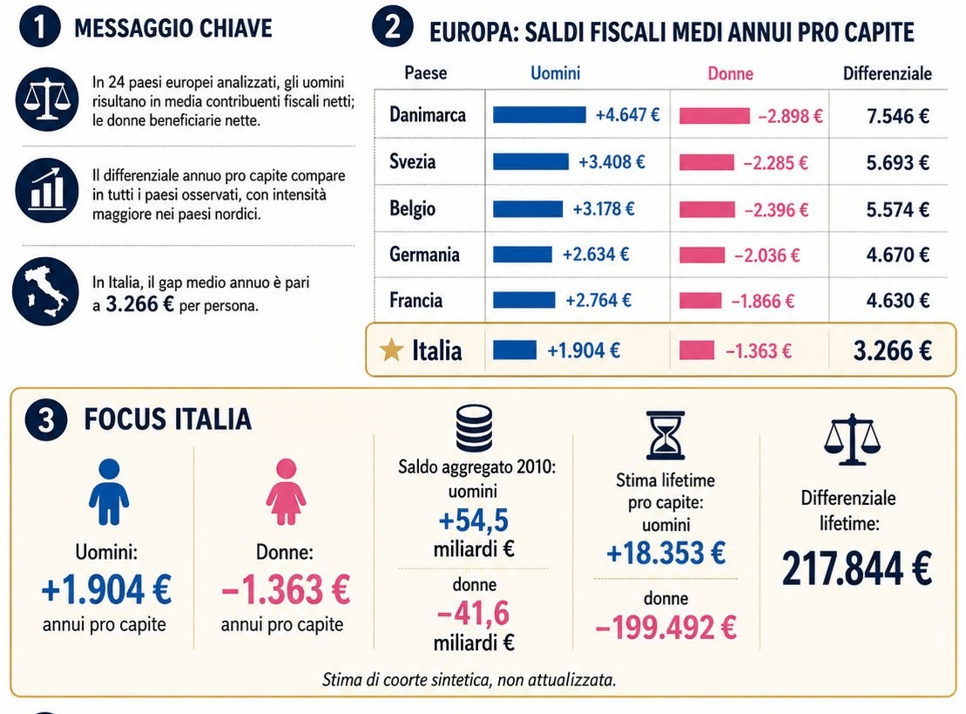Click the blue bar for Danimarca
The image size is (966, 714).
click(x=539, y=115)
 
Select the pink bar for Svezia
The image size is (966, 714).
click(x=706, y=162)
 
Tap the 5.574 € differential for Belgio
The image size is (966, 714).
click(x=897, y=209)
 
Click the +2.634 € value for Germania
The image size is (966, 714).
click(x=596, y=254)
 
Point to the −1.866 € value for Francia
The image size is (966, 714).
click(x=763, y=301)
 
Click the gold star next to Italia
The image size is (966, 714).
click(x=391, y=350)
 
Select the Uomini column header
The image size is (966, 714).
click(x=555, y=73)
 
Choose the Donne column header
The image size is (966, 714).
click(x=730, y=74)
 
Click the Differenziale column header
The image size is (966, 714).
click(x=887, y=73)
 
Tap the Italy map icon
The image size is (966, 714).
click(x=45, y=292)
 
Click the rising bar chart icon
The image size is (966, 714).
click(x=47, y=190)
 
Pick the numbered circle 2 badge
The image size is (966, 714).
click(x=393, y=27)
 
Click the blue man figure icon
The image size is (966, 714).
click(x=109, y=492)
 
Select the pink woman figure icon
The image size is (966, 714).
click(x=286, y=492)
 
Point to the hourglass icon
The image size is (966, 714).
click(x=665, y=435)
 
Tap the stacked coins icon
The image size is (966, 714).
click(x=474, y=428)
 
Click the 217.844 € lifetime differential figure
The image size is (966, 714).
click(x=857, y=568)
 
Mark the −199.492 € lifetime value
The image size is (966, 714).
click(x=666, y=628)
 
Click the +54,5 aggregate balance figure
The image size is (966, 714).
click(x=473, y=520)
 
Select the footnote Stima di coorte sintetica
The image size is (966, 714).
click(x=469, y=680)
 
